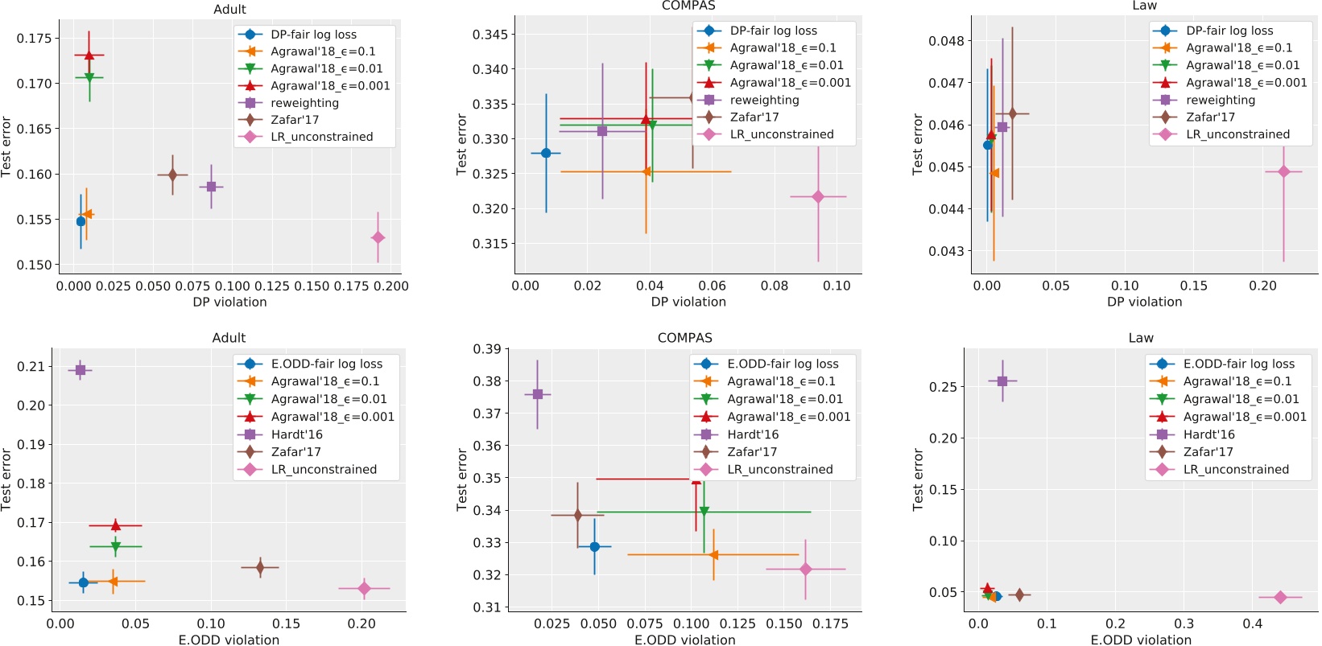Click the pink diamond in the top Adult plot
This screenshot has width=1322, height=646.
click(x=378, y=237)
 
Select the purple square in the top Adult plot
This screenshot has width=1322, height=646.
click(x=211, y=187)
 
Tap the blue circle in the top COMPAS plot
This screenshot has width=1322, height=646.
click(x=546, y=153)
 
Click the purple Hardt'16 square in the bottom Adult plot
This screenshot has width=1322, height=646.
click(x=80, y=370)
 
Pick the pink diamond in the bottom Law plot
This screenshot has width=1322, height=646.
click(x=1280, y=597)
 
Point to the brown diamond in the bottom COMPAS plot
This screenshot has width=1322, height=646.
click(x=577, y=515)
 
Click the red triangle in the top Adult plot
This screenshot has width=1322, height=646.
click(x=89, y=56)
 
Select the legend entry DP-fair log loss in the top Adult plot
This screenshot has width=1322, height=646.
click(x=313, y=35)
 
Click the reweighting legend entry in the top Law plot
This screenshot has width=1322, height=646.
click(x=1220, y=100)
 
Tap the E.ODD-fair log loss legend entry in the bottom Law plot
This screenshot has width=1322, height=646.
click(x=1238, y=364)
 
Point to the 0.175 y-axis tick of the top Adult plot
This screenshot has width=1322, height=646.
click(x=34, y=38)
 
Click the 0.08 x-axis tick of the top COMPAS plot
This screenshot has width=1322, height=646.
click(x=775, y=286)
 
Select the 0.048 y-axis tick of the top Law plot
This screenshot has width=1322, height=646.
click(x=946, y=41)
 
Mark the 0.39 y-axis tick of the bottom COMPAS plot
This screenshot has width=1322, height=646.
click(x=486, y=349)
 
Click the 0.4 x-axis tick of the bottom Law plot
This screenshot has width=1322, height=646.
click(x=1252, y=623)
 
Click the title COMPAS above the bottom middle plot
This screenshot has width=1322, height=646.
click(x=684, y=338)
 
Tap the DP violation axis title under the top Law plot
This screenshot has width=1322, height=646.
click(x=1144, y=302)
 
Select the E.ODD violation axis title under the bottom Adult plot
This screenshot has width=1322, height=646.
click(x=229, y=640)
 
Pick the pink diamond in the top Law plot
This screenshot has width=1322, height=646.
click(x=1283, y=171)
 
